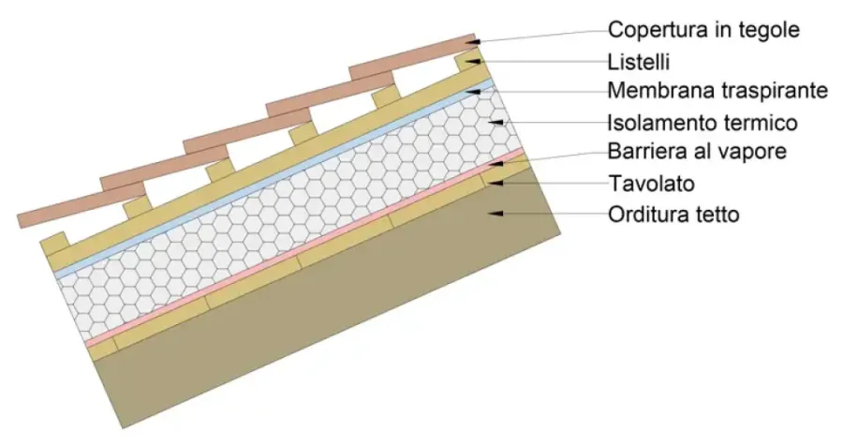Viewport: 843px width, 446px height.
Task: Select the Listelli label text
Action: (640, 61)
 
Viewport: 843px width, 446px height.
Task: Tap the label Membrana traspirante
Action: (718, 91)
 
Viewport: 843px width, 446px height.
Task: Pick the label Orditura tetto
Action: (673, 214)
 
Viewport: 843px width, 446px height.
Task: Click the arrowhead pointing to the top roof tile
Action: (477, 42)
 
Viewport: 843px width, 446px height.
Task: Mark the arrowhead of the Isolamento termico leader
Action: (507, 123)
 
